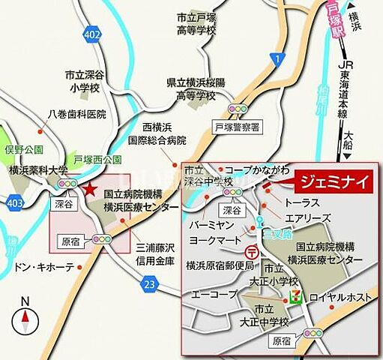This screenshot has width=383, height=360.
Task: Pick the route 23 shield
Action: pyautogui.click(x=148, y=283)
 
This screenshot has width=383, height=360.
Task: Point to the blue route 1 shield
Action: pyautogui.click(x=279, y=59)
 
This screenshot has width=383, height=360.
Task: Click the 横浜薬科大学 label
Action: pyautogui.click(x=38, y=169)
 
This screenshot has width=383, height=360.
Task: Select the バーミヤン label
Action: pyautogui.click(x=214, y=225)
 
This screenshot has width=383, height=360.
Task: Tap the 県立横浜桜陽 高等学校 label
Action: pyautogui.click(x=190, y=90)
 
